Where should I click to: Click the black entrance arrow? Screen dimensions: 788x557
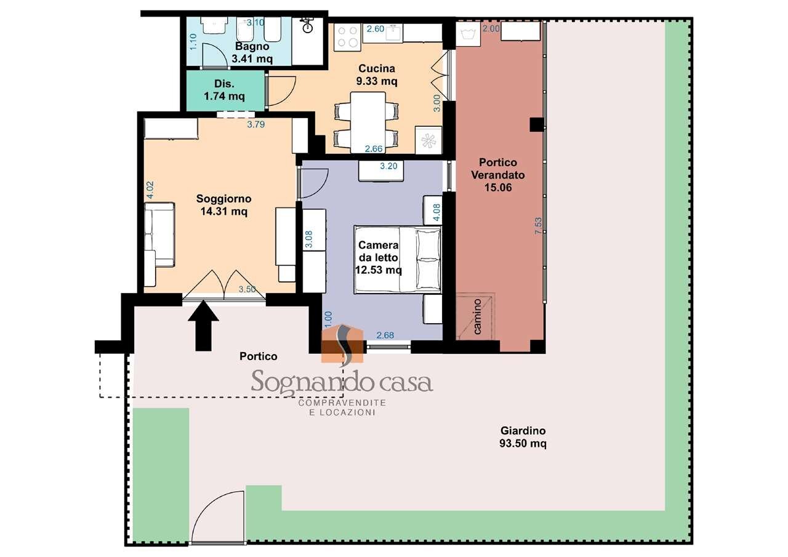coord(203,326)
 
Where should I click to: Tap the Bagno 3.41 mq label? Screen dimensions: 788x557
coord(252,52)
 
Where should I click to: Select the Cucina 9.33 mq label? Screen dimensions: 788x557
coord(376,74)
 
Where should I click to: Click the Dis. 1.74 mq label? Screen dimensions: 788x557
coord(225,90)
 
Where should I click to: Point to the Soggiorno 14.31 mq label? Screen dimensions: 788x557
coord(223,205)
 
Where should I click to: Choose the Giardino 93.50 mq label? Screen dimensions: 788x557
coord(523,437)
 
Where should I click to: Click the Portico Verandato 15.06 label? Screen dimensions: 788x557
coord(498,175)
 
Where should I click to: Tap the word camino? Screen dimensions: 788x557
coord(477,316)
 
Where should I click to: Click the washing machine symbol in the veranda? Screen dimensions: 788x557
coord(468,34)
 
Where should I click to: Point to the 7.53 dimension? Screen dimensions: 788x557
coord(538,226)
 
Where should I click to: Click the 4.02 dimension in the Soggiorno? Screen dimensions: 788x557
coord(150,190)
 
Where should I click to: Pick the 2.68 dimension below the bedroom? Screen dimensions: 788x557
coord(385,335)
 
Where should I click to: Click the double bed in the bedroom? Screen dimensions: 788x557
coord(398,260)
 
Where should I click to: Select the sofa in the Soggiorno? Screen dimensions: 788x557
coord(159,234)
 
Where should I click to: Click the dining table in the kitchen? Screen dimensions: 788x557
coord(368,122)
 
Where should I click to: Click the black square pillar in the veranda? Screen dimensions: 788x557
coord(537,124)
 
